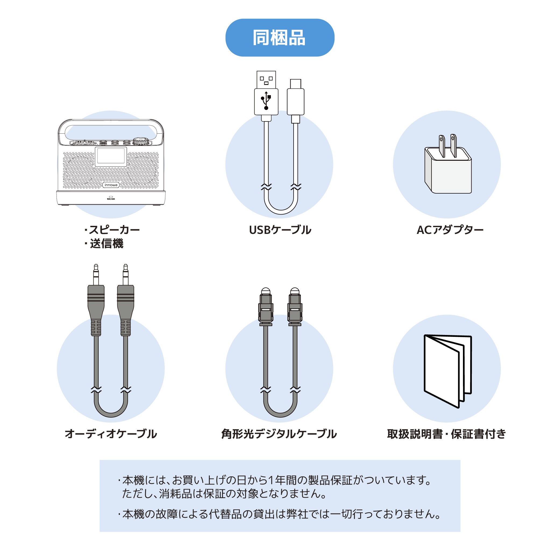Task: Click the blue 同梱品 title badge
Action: coord(280,38)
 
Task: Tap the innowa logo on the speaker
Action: coord(111,185)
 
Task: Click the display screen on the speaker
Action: coord(111,156)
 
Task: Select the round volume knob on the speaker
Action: coord(142,141)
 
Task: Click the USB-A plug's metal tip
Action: coord(266,80)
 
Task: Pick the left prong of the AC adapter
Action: coord(442,146)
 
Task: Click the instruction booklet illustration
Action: coord(448,371)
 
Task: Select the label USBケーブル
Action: coord(280,230)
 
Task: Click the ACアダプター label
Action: coord(450,230)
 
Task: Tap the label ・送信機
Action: coord(104,244)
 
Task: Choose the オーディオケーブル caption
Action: coord(111,434)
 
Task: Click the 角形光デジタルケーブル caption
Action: coord(279,434)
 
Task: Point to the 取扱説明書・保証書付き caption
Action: coord(447,434)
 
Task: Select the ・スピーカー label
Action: coord(112,230)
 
